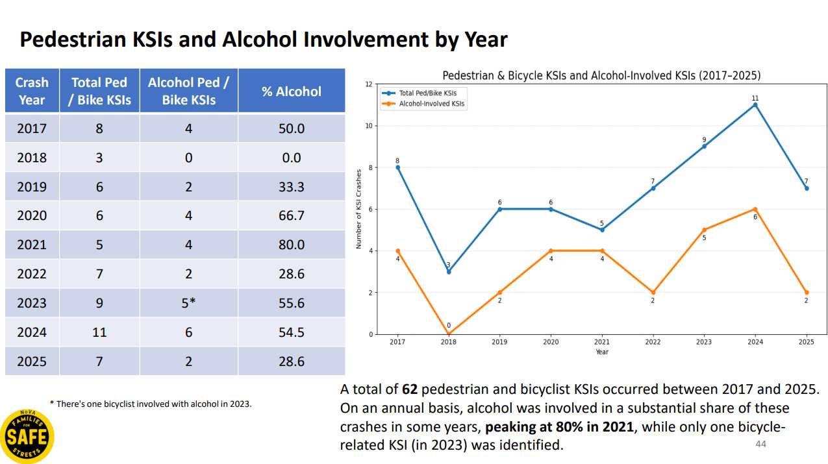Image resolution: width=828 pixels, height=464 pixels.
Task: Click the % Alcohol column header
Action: coord(292,92)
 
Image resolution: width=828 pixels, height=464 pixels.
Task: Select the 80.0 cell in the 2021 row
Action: coord(292,245)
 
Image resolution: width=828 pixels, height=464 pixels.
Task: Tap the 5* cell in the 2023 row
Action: coord(188,303)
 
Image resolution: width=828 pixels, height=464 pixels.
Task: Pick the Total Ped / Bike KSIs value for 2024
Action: coord(99,332)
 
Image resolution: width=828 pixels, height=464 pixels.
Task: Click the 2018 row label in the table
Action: coord(32,158)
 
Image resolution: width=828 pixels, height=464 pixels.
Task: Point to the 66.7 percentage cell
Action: coord(292,215)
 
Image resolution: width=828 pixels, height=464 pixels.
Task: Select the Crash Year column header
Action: coord(32,92)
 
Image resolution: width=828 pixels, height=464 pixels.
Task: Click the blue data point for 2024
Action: coord(755,105)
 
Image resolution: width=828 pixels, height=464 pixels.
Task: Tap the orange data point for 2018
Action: coord(449,334)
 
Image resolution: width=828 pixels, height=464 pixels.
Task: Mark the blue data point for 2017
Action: coord(397,167)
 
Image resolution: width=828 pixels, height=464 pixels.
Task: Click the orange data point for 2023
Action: coord(704,230)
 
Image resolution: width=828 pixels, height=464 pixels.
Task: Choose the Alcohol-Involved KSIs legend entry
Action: coord(423,104)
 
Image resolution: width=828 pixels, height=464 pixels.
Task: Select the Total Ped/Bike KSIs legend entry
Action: coord(419,93)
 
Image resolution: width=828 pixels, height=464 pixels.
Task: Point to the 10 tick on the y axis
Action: coord(369,126)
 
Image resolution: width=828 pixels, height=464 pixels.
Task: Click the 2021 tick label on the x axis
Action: coord(602,342)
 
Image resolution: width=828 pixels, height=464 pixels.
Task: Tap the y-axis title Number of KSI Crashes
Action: coord(358,209)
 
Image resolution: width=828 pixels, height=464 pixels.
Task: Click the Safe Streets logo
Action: coord(27,436)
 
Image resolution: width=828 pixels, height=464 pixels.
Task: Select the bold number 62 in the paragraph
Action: coord(410,389)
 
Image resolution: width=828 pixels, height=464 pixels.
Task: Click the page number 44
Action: coord(760,444)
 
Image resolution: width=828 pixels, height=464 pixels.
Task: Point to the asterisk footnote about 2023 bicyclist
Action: coord(151,404)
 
